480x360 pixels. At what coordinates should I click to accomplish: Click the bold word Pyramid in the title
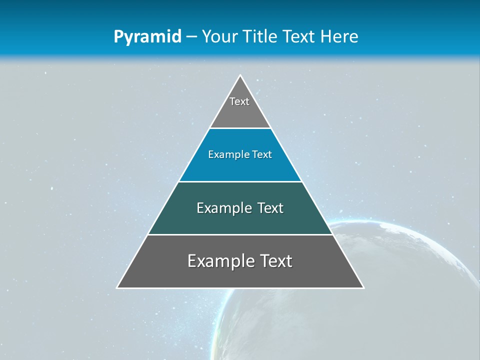point(147,37)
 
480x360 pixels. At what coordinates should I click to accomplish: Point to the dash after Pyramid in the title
point(191,37)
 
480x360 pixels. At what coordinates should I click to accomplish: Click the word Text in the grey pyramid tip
point(239,101)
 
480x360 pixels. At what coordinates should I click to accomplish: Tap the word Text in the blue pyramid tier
point(262,155)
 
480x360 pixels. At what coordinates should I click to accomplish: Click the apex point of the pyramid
point(240,75)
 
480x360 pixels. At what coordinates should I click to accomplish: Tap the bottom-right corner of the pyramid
point(363,287)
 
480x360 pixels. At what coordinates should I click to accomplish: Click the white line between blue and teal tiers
point(240,181)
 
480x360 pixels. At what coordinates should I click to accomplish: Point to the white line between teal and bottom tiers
point(240,234)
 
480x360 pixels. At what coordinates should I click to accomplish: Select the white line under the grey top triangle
point(240,128)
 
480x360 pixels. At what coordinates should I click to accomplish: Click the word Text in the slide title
point(299,37)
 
